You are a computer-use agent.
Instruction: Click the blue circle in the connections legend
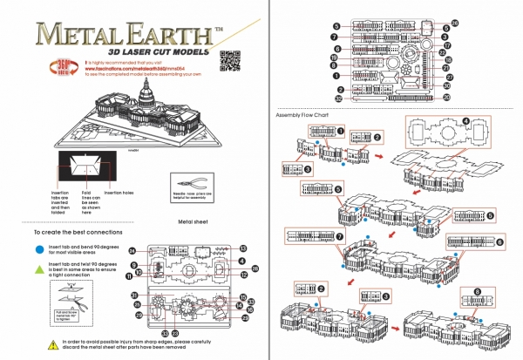pyautogui.click(x=38, y=248)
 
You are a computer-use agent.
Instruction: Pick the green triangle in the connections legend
pyautogui.click(x=38, y=265)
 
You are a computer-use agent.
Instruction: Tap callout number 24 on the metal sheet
pyautogui.click(x=132, y=251)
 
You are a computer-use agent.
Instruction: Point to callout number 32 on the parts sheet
pyautogui.click(x=336, y=98)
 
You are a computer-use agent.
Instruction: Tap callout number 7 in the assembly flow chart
pyautogui.click(x=341, y=236)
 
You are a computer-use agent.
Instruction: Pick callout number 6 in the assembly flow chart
pyautogui.click(x=499, y=241)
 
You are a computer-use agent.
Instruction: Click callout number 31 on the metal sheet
pyautogui.click(x=135, y=295)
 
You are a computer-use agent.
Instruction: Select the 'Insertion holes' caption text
pyautogui.click(x=119, y=192)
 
